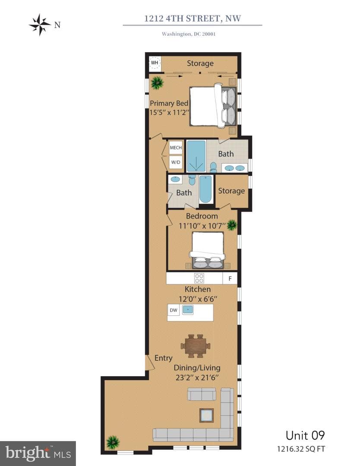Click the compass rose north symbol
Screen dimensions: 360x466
(x=40, y=25)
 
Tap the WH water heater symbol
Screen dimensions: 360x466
(x=155, y=63)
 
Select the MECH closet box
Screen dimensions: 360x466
(x=176, y=148)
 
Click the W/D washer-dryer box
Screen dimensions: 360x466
(x=176, y=162)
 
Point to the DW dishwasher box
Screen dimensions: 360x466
(x=174, y=310)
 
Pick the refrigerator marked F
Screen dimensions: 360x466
(x=230, y=278)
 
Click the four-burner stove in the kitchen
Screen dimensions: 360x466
(x=199, y=278)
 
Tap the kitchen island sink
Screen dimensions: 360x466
(x=188, y=310)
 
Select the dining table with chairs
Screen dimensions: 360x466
(x=195, y=346)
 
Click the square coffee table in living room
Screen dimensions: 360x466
(x=207, y=415)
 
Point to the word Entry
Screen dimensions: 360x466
(x=164, y=358)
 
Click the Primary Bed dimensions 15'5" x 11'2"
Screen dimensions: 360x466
(x=170, y=112)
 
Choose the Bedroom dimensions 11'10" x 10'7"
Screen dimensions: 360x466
(x=202, y=226)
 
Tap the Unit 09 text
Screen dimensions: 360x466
(x=305, y=435)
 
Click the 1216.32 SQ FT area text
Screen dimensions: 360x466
(x=301, y=449)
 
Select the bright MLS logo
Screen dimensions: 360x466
(x=38, y=453)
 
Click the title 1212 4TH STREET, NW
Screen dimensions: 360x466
(x=193, y=19)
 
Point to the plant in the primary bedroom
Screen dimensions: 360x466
(x=157, y=83)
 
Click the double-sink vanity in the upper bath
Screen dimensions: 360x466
(x=234, y=168)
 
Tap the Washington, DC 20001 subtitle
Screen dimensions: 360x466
(x=189, y=34)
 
